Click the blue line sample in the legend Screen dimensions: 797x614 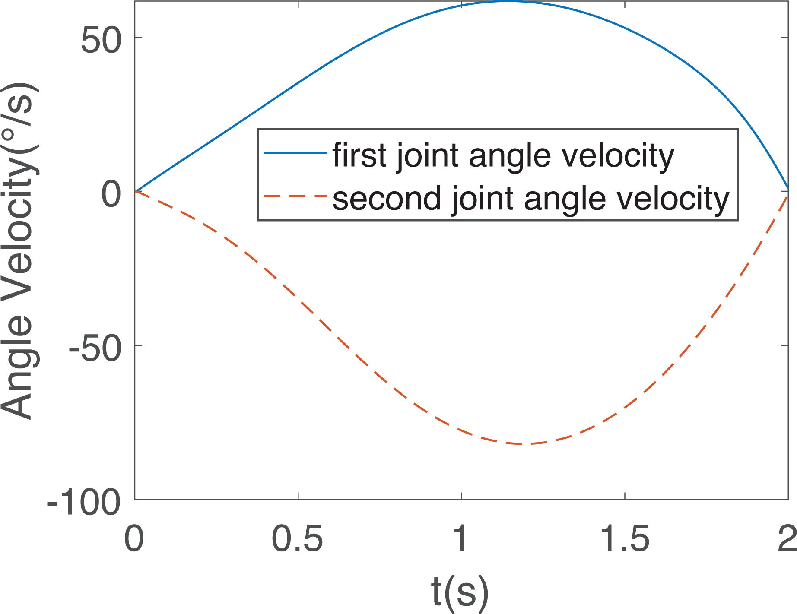pos(296,152)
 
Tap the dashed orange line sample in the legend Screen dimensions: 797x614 pos(296,196)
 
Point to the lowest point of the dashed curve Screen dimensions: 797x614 pos(521,443)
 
